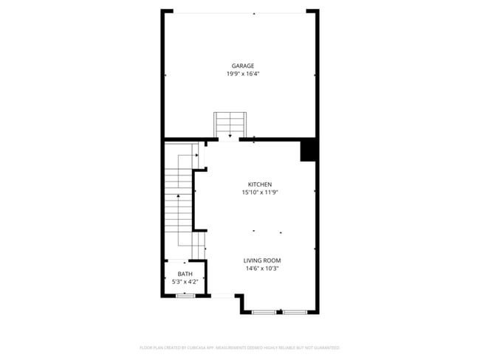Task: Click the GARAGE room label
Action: coord(242,66)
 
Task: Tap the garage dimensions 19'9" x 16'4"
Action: coord(242,74)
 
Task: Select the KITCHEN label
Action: coord(259,184)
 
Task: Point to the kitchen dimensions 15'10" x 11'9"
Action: coord(259,193)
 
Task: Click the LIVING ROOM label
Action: coord(262,260)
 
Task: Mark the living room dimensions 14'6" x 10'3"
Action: coord(262,269)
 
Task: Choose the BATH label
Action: coord(185,274)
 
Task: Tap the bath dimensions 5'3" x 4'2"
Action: coord(185,282)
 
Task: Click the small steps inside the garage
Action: coord(230,124)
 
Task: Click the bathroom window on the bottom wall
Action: coord(185,295)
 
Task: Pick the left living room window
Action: coord(264,312)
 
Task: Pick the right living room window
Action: coord(295,312)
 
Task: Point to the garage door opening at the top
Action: coord(241,12)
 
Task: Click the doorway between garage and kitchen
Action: coord(229,139)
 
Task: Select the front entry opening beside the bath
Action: coord(222,296)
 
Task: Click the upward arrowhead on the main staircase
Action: coord(179,196)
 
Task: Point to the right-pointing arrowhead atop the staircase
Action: coord(197,156)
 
